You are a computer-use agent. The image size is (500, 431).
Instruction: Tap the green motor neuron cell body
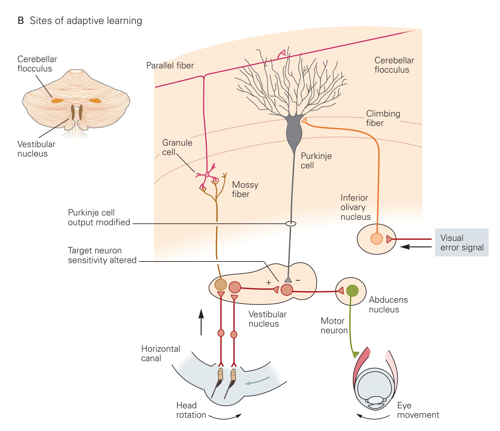352,291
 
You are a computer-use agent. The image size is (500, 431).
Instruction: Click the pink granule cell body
207,175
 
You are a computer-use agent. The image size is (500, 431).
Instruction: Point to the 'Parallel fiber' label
170,65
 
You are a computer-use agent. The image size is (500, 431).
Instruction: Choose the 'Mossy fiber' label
245,189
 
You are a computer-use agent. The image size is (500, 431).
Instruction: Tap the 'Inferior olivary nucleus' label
355,207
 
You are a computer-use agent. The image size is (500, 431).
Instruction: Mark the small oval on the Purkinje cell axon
291,224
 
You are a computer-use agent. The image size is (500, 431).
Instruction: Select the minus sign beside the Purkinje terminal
298,281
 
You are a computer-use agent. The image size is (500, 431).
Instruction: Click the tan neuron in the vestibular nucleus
220,285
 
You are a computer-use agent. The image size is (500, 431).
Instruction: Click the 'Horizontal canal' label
160,354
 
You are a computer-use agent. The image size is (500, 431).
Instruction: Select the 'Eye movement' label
418,410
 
